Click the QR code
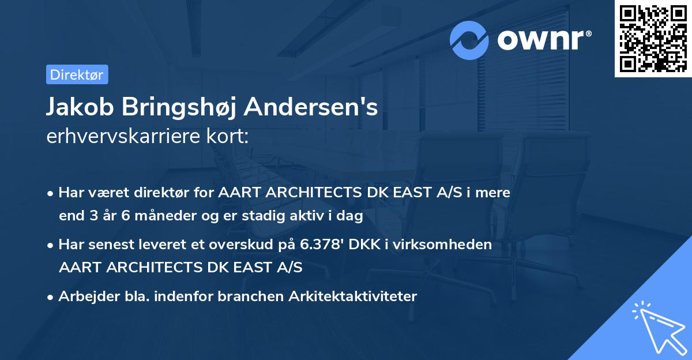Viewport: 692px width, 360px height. point(653,39)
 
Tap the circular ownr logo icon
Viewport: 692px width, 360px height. point(469,40)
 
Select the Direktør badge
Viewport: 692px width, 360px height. point(77,74)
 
